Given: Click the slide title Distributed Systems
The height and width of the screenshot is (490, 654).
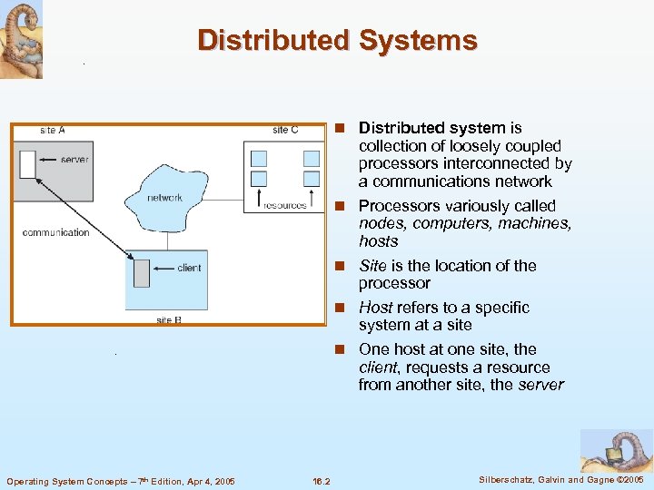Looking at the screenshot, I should pyautogui.click(x=337, y=41).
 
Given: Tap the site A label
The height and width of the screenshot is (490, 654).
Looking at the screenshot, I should pyautogui.click(x=53, y=131).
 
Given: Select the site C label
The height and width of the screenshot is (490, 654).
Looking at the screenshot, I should pyautogui.click(x=285, y=131).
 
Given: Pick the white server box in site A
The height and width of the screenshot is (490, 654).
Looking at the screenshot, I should pyautogui.click(x=27, y=164).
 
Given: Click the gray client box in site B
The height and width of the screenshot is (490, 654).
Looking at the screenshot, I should pyautogui.click(x=141, y=272).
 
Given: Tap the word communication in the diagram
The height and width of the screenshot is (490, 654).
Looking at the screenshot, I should pyautogui.click(x=55, y=232).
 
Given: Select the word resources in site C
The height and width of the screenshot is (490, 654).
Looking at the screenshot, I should pyautogui.click(x=284, y=205).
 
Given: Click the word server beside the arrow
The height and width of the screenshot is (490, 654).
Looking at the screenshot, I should pyautogui.click(x=74, y=160).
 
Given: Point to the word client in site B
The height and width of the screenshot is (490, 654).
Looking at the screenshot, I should pyautogui.click(x=189, y=268).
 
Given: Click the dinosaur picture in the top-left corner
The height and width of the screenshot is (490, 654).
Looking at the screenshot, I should pyautogui.click(x=21, y=39).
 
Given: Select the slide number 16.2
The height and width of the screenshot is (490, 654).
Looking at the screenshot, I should pyautogui.click(x=321, y=480).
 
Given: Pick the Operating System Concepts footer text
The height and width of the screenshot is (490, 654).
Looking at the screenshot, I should pyautogui.click(x=120, y=480).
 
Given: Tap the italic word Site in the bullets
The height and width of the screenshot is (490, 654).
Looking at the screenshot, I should pyautogui.click(x=372, y=266).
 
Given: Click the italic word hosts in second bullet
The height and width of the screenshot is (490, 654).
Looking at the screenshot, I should pyautogui.click(x=378, y=241).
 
